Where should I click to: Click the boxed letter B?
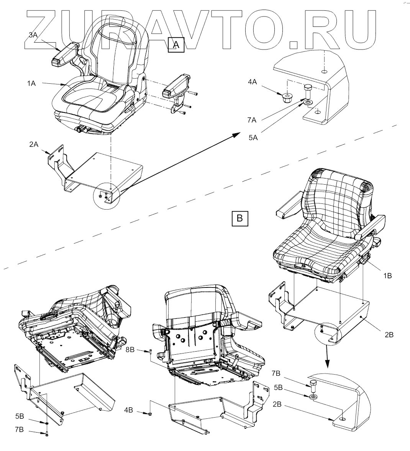[240, 218]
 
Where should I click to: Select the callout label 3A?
[33, 35]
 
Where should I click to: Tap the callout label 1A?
[31, 83]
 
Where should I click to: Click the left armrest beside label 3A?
[64, 55]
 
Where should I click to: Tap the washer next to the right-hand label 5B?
[313, 395]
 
